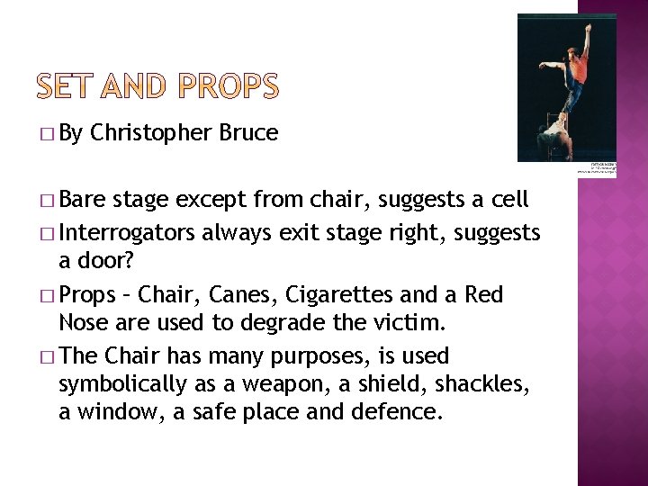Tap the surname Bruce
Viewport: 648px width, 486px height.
[x=247, y=133]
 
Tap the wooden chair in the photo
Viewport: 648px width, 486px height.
[x=555, y=138]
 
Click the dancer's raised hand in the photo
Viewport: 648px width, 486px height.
[x=588, y=28]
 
